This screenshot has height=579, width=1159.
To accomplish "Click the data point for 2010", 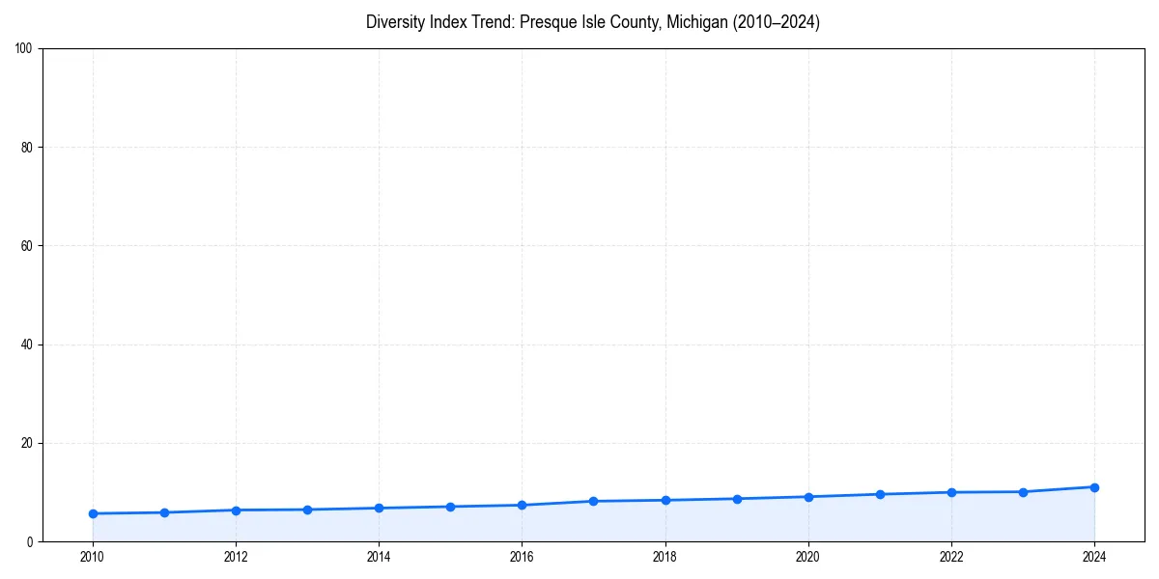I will pos(93,513).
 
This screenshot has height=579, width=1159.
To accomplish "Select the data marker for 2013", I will pos(307,510).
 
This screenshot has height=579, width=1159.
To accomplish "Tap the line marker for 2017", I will pos(593,501).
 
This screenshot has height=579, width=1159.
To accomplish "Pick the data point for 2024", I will pos(1094,487).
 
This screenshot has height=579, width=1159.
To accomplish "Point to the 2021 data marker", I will pos(880,494).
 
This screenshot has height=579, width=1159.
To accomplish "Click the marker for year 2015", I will pos(450,507).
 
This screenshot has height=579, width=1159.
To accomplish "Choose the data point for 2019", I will pos(737,499).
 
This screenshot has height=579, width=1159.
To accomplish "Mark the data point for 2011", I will pos(164,512).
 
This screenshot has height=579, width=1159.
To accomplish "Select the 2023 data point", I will pos(1023,492).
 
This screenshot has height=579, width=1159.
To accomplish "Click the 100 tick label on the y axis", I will pos(24,49).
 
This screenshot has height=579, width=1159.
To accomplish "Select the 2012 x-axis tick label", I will pos(236,557).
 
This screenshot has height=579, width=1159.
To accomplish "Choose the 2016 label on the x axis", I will pos(522,557).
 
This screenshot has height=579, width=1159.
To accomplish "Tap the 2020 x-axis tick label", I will pos(808,557).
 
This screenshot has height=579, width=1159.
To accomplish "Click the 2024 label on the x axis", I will pos(1094,557).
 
